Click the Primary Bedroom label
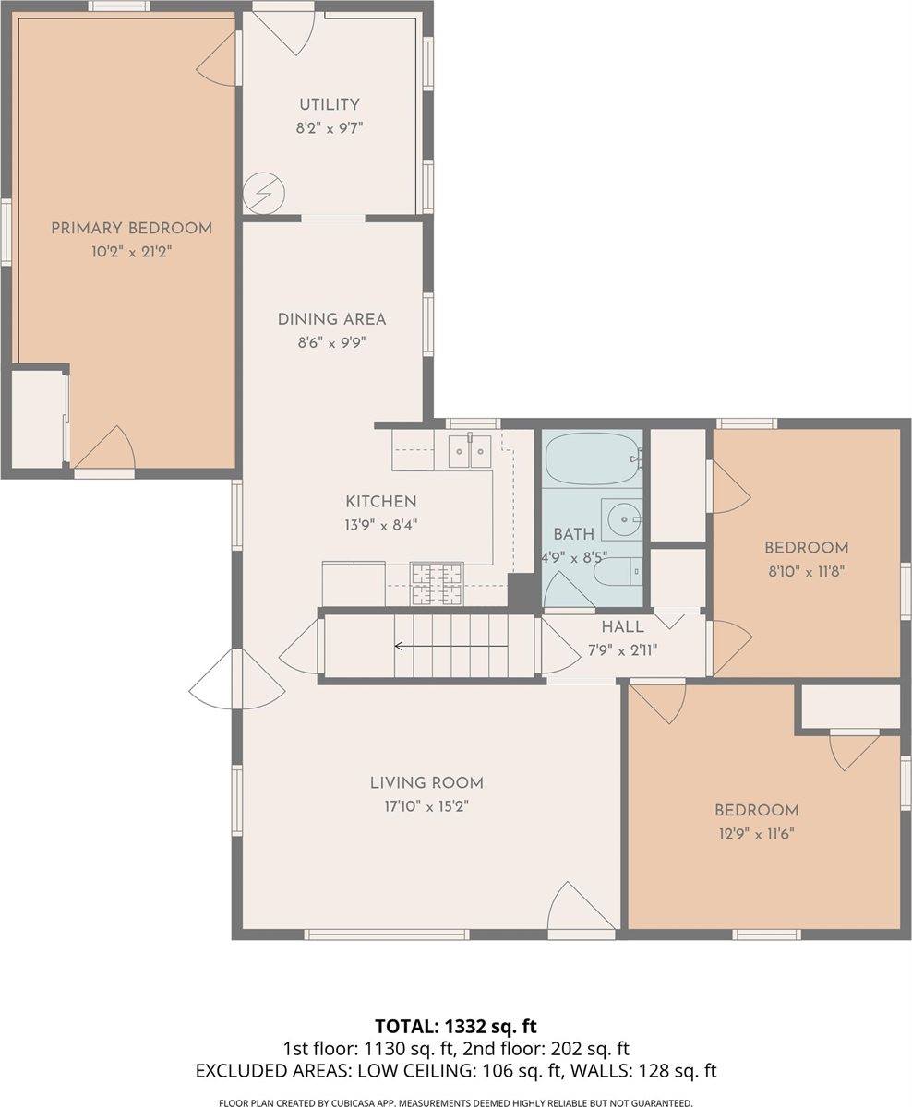coord(131,229)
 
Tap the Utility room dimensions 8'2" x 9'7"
coord(330,128)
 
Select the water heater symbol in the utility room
coord(264,193)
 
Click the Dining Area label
coord(331,319)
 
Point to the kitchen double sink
coord(470,450)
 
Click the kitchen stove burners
coord(437,583)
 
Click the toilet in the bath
coord(618,573)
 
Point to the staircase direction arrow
coord(450,646)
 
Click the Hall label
coord(622,626)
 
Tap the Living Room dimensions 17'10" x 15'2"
coord(426,805)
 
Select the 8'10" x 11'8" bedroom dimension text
coord(807,571)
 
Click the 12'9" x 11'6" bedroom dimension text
coord(757,834)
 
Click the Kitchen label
coord(381,501)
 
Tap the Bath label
coord(573,534)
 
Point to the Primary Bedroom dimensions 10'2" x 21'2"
coord(131,252)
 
